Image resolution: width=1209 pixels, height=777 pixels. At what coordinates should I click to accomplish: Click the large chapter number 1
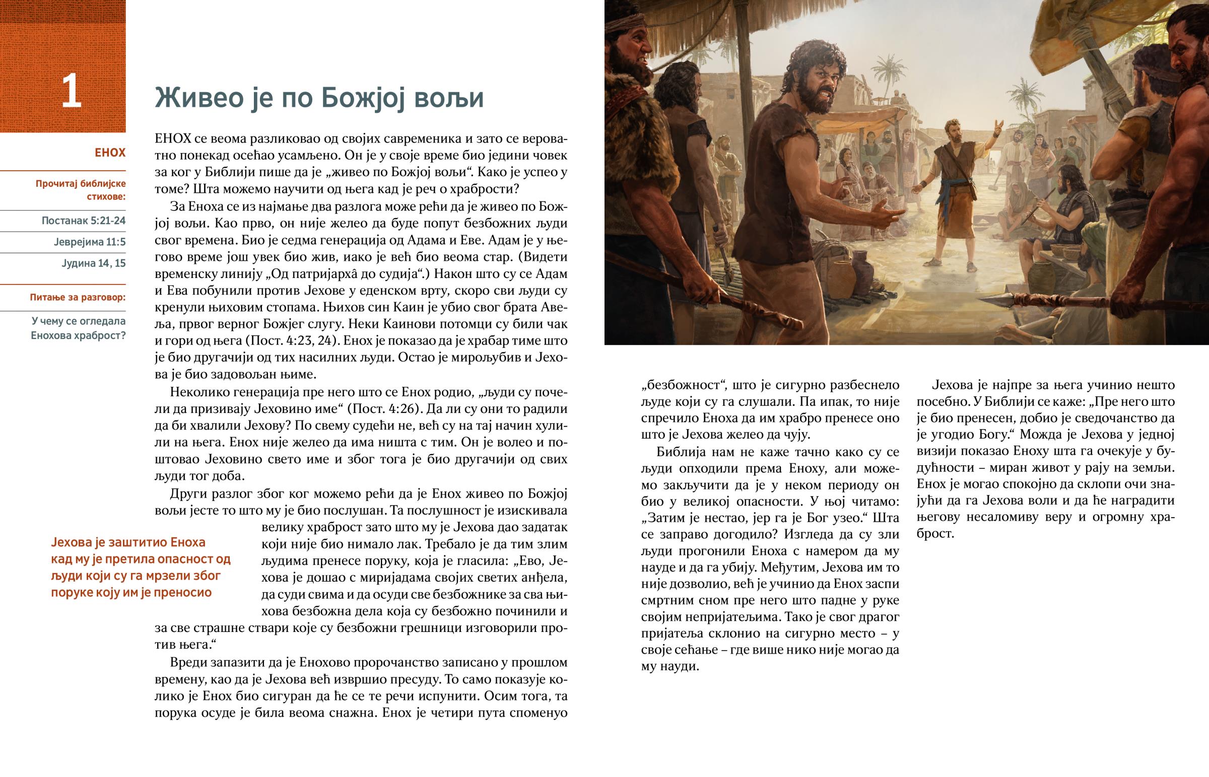click(x=71, y=92)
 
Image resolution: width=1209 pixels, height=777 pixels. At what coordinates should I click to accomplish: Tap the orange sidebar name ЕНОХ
click(x=110, y=153)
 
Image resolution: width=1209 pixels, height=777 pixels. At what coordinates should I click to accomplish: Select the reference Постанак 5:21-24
click(x=83, y=221)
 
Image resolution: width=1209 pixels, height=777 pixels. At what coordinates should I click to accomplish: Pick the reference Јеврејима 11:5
click(x=89, y=242)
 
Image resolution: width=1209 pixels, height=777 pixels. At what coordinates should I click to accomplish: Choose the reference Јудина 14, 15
click(x=93, y=263)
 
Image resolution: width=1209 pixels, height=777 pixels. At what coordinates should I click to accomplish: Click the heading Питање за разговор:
click(x=78, y=297)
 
